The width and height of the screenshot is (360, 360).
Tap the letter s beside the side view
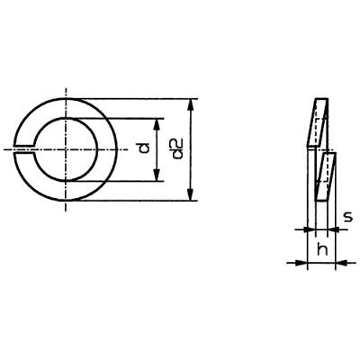tap(348, 217)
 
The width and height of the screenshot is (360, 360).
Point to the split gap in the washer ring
tap(26, 148)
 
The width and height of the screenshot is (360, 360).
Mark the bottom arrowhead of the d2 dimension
tap(191, 196)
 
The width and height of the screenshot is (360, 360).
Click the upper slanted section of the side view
tap(317, 121)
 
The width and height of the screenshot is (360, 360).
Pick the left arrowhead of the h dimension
tap(302, 263)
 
